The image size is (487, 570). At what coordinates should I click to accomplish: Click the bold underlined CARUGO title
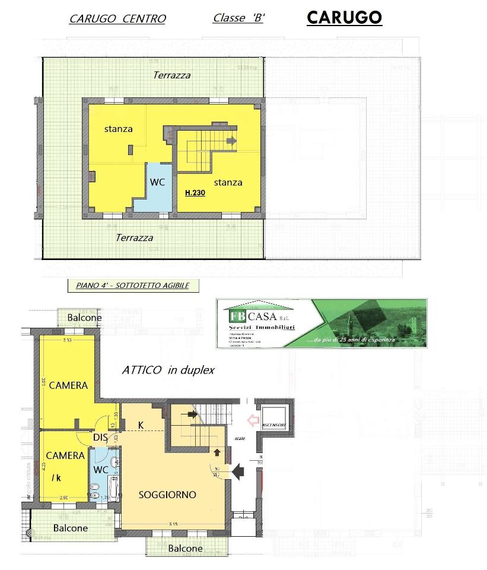tap(344, 17)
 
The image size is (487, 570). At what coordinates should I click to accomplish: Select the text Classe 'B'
tap(238, 18)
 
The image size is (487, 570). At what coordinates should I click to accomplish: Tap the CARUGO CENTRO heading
tap(117, 18)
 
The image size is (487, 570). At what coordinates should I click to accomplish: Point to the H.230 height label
tap(195, 193)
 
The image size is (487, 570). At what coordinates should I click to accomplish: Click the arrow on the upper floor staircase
tap(231, 141)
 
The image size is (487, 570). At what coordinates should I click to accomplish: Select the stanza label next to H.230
tap(228, 182)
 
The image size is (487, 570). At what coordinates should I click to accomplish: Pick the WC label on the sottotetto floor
tap(157, 182)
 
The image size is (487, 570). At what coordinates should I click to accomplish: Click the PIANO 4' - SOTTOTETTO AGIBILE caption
tap(132, 286)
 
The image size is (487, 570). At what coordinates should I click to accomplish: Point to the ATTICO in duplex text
tap(168, 370)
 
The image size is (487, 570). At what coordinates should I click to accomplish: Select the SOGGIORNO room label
tap(167, 495)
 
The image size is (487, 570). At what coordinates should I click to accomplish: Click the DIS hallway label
tap(99, 438)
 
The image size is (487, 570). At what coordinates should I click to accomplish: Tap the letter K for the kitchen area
tap(141, 425)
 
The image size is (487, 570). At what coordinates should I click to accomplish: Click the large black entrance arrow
tap(238, 472)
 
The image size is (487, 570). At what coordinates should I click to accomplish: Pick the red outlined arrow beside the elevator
tap(253, 420)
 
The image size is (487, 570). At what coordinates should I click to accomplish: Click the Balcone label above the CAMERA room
tap(84, 318)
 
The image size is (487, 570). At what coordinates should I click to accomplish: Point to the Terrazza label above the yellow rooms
tap(171, 75)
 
